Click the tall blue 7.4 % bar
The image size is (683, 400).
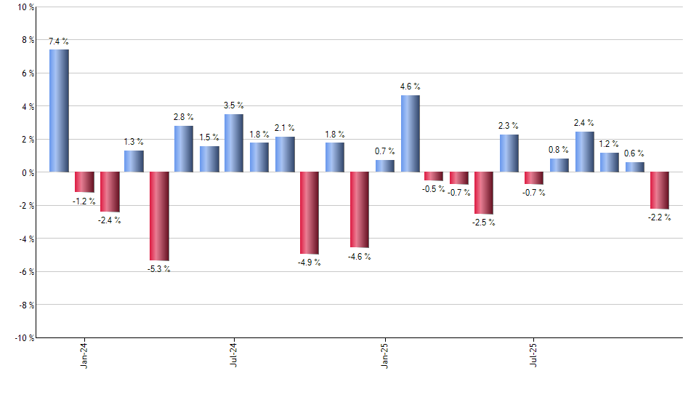(59, 111)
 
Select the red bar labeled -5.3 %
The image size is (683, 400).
(159, 216)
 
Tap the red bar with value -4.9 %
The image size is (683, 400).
(310, 212)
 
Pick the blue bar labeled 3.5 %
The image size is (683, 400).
(234, 143)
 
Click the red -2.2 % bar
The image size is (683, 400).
(660, 191)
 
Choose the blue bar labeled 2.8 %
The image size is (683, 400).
(184, 149)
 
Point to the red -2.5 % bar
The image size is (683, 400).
(485, 193)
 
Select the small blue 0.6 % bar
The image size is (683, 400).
(635, 167)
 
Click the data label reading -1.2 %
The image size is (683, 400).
(84, 201)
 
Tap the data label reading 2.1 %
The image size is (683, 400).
(285, 128)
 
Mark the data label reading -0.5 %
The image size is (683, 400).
(435, 189)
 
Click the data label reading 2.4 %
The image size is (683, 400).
(584, 123)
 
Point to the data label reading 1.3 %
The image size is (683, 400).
(134, 142)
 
